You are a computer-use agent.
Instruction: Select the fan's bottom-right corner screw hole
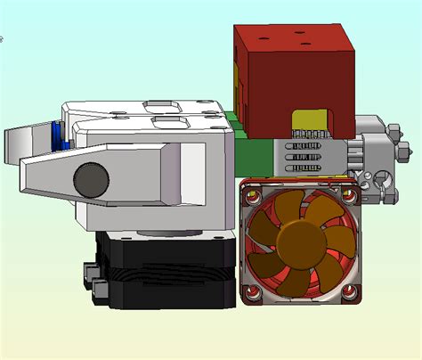pyautogui.click(x=348, y=290)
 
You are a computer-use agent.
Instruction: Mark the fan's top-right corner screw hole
pyautogui.click(x=348, y=187)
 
